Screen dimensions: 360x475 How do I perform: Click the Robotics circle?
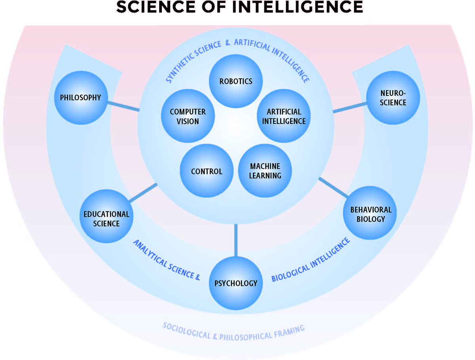pyautogui.click(x=236, y=81)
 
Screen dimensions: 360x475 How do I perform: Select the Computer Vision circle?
pyautogui.click(x=188, y=116)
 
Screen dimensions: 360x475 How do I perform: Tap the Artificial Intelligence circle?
pyautogui.click(x=284, y=116)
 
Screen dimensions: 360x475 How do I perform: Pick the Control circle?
pyautogui.click(x=206, y=171)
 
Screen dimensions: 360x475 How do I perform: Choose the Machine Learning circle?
pyautogui.click(x=265, y=171)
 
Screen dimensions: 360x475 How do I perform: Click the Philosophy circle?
pyautogui.click(x=80, y=97)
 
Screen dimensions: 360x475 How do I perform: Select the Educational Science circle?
pyautogui.click(x=106, y=219)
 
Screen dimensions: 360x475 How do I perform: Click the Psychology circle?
pyautogui.click(x=236, y=283)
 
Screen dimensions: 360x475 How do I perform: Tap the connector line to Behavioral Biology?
pyautogui.click(x=333, y=188)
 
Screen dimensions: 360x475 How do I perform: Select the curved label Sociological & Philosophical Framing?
pyautogui.click(x=234, y=332)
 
